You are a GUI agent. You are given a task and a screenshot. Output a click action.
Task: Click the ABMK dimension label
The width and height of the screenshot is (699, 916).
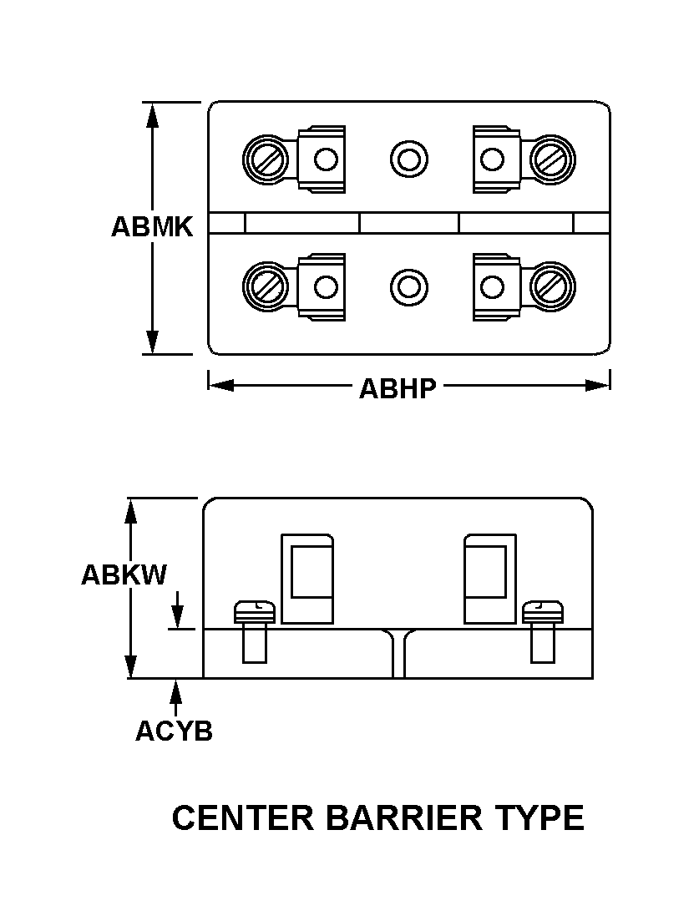(x=152, y=227)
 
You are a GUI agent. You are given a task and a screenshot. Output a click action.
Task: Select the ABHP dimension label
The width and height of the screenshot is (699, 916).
(x=398, y=388)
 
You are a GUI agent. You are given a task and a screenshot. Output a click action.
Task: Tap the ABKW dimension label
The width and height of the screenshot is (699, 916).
(x=124, y=575)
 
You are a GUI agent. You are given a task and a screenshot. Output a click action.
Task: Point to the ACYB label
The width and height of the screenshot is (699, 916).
(x=174, y=731)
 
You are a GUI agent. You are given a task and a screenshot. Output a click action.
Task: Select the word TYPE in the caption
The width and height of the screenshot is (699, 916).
(x=539, y=818)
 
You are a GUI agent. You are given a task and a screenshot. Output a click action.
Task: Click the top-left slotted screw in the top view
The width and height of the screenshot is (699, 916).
(x=266, y=158)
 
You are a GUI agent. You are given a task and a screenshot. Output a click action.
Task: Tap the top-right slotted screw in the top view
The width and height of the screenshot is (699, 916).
(x=552, y=158)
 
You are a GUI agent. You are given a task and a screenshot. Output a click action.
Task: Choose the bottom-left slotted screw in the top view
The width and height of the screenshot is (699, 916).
(x=266, y=286)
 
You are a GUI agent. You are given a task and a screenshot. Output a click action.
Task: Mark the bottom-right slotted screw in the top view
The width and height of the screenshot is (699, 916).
(x=552, y=286)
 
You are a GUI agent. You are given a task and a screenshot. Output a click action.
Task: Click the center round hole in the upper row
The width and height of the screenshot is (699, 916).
(x=409, y=158)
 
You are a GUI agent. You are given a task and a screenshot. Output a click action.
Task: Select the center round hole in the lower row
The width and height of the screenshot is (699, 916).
(x=409, y=286)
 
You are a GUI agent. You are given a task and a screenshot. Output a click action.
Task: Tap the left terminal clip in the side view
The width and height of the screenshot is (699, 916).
(x=307, y=579)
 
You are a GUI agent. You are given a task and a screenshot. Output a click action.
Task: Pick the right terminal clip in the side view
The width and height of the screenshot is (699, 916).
(x=489, y=579)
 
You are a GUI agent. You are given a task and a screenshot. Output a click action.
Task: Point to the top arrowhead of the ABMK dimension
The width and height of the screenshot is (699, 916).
(x=152, y=115)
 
